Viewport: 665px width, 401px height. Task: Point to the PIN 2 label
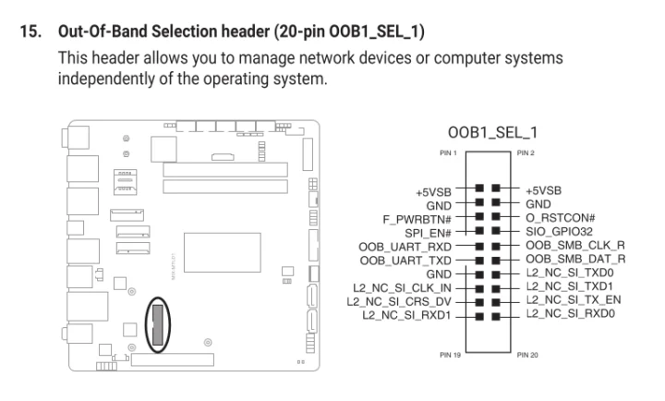[x=526, y=152]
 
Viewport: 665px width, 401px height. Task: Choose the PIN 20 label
[x=528, y=355]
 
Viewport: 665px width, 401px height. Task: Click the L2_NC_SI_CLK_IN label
[x=400, y=287]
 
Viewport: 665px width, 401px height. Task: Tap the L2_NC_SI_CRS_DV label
[x=398, y=301]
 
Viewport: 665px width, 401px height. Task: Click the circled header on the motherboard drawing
[x=158, y=323]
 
